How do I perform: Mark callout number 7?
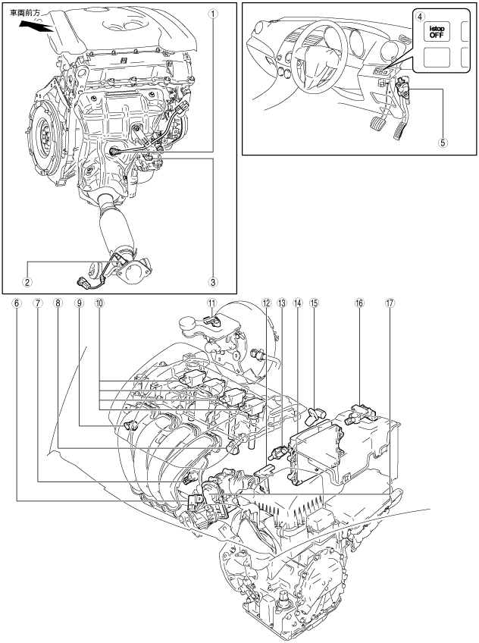coord(37,302)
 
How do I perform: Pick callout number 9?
coord(78,302)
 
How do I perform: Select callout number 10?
coord(99,302)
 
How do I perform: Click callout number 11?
coord(213,302)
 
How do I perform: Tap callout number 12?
coord(266,302)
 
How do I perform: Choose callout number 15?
coord(315,302)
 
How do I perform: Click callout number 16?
coord(359,302)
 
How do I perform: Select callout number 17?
coord(390,302)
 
